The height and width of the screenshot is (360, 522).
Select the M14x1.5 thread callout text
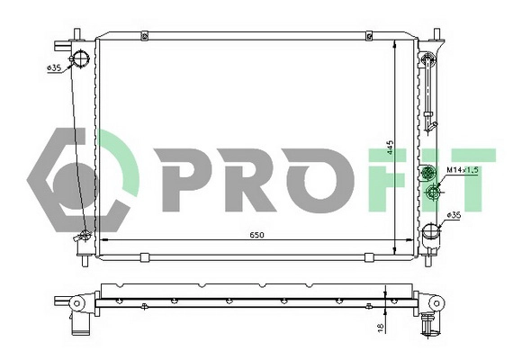[462, 169]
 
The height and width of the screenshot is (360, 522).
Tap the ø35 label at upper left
[55, 68]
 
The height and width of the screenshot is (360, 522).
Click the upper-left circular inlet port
[82, 59]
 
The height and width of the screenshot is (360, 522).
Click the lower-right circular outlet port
[431, 236]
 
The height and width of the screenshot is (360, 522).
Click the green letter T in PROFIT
[473, 179]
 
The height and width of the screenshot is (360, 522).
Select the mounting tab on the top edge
[144, 36]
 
